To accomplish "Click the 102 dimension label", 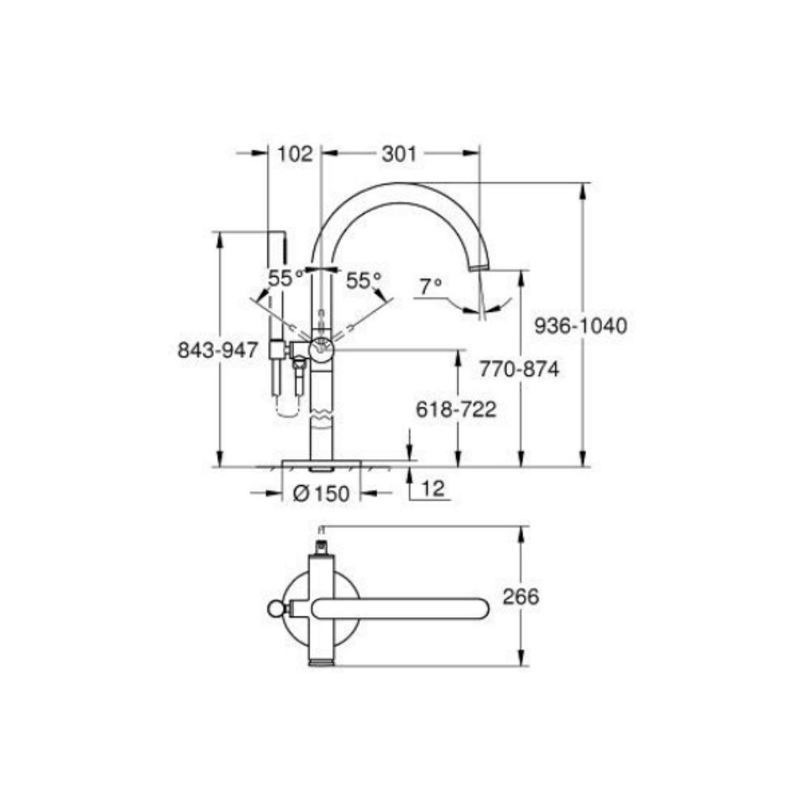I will click(295, 153).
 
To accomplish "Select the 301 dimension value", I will click(398, 153).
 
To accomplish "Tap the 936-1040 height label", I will click(582, 326).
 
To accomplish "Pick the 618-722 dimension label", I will click(456, 410).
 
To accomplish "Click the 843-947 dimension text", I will click(218, 350).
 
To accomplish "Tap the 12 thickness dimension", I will click(433, 489).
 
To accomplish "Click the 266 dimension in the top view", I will click(521, 597).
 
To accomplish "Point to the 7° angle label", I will click(431, 285).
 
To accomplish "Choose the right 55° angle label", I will click(364, 280).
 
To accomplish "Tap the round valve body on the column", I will click(322, 349).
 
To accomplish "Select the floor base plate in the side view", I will click(321, 463).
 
